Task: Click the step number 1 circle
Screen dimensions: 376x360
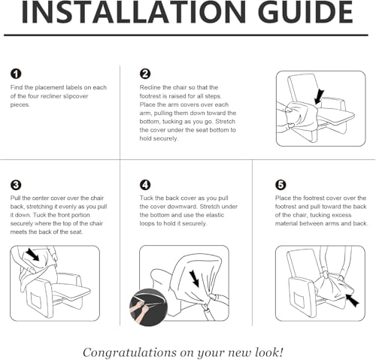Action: [x=16, y=74]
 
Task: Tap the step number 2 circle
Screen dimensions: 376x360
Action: [x=145, y=74]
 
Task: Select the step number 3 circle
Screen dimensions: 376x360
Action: [x=16, y=185]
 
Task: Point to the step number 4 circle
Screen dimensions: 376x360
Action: [x=145, y=185]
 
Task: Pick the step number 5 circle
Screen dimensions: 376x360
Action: [x=280, y=185]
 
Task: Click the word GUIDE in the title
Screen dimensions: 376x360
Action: [x=305, y=13]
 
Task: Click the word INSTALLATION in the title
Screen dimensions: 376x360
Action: [x=134, y=13]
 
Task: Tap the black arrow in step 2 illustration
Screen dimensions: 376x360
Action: [x=319, y=97]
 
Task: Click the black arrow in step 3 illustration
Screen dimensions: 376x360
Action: [x=32, y=254]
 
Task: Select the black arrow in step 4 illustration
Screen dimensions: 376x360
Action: [x=194, y=278]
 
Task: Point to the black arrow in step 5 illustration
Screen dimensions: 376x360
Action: [x=352, y=300]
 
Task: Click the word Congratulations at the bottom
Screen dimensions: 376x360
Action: [x=129, y=352]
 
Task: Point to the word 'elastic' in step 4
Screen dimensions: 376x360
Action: [x=215, y=215]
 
